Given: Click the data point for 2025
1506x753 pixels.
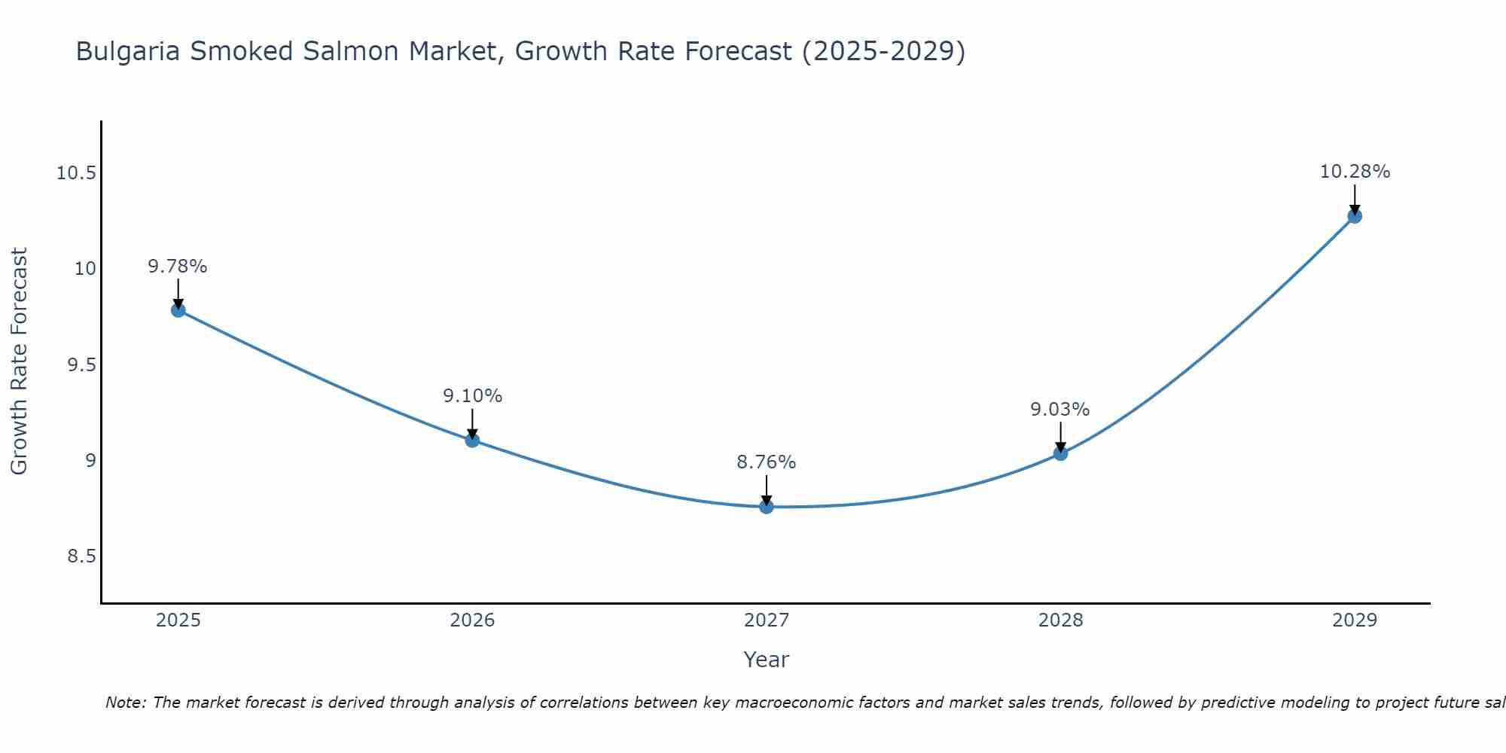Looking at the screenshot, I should pyautogui.click(x=178, y=309).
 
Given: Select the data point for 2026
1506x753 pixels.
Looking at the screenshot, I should pyautogui.click(x=472, y=440).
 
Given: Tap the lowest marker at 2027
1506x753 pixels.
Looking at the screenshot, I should pyautogui.click(x=767, y=506).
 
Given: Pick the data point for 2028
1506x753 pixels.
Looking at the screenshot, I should pyautogui.click(x=1060, y=453).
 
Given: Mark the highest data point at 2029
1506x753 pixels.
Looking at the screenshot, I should pyautogui.click(x=1354, y=216).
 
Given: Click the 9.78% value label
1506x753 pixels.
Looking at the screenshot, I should pyautogui.click(x=178, y=267).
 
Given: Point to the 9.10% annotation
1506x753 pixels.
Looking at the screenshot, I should pyautogui.click(x=472, y=396).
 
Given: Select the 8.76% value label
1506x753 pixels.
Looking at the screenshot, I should pyautogui.click(x=767, y=462).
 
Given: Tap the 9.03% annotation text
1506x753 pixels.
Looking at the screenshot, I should pyautogui.click(x=1060, y=410).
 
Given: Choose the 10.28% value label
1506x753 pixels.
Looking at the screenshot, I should pyautogui.click(x=1355, y=172).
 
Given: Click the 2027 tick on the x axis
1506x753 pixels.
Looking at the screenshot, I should pyautogui.click(x=767, y=620).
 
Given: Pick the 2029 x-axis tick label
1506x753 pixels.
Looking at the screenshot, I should pyautogui.click(x=1355, y=620).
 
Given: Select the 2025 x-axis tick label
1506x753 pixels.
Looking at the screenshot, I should pyautogui.click(x=178, y=620).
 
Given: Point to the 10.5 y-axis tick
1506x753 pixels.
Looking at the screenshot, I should pyautogui.click(x=77, y=174).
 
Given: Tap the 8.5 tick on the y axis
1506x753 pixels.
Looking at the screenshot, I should pyautogui.click(x=82, y=556).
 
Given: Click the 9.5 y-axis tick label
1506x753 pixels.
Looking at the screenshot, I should pyautogui.click(x=82, y=365).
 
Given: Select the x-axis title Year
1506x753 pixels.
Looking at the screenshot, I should pyautogui.click(x=767, y=660).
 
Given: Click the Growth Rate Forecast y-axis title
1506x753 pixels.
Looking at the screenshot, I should pyautogui.click(x=20, y=361).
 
